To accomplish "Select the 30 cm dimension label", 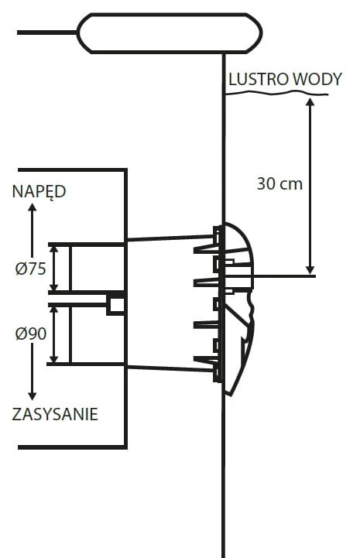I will [x=279, y=184].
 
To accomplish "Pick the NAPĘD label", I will [x=39, y=191].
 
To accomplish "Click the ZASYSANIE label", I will [x=55, y=414].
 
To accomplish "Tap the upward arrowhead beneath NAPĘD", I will [x=32, y=212].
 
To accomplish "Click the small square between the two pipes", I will [x=115, y=304].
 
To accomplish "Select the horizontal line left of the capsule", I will [x=46, y=33].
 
